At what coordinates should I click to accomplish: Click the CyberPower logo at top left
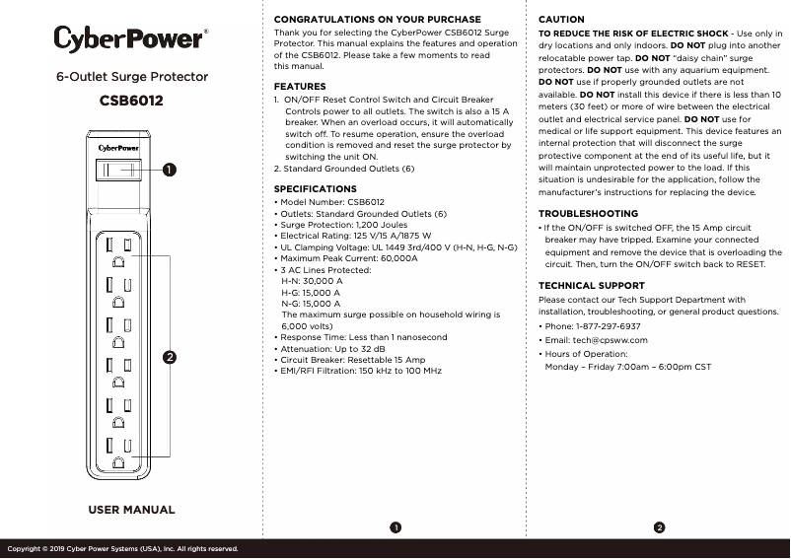click(x=130, y=39)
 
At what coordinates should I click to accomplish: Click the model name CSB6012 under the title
click(x=131, y=101)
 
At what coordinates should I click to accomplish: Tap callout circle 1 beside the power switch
click(x=170, y=170)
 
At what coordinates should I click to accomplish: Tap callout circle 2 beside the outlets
click(x=170, y=357)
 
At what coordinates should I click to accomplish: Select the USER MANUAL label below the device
click(x=131, y=510)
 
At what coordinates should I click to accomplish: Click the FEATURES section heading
click(x=300, y=87)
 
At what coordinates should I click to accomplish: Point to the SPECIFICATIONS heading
click(x=315, y=188)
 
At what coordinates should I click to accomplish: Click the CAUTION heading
click(x=561, y=20)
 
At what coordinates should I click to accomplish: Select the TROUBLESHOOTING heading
click(x=588, y=214)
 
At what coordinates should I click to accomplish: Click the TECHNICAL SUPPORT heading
click(x=592, y=286)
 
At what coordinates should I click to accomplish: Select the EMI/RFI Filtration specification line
click(x=358, y=371)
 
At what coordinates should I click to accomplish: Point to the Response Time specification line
click(x=361, y=337)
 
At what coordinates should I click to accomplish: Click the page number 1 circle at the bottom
click(x=395, y=527)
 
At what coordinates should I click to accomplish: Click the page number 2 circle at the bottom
click(x=659, y=527)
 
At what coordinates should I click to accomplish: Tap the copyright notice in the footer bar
click(x=122, y=548)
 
